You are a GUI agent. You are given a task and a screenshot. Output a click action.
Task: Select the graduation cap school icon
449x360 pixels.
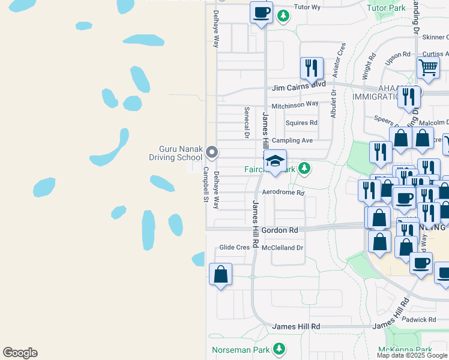pyautogui.click(x=276, y=161)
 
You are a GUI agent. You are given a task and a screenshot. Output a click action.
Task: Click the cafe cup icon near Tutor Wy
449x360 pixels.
pyautogui.click(x=262, y=12)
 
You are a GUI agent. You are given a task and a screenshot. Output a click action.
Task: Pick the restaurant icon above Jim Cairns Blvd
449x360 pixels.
pyautogui.click(x=311, y=68)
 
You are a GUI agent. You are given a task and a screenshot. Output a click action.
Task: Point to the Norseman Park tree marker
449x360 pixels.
pyautogui.click(x=279, y=349)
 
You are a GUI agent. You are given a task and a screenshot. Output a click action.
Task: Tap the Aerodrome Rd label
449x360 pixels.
pyautogui.click(x=283, y=193)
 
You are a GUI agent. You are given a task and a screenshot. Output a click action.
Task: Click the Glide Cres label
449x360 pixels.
pyautogui.click(x=234, y=247)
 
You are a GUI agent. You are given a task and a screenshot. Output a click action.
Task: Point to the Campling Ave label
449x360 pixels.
pyautogui.click(x=292, y=140)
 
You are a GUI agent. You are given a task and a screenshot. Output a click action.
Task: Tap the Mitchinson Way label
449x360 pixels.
pyautogui.click(x=295, y=104)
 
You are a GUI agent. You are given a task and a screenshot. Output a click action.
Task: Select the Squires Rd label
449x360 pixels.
pyautogui.click(x=301, y=123)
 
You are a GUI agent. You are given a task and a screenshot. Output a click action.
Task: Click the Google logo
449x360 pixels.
pyautogui.click(x=20, y=353)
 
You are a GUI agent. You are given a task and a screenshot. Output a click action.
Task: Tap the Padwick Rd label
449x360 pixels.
pyautogui.click(x=419, y=320)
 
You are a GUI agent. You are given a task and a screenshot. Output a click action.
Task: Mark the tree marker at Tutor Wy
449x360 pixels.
pyautogui.click(x=284, y=17)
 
